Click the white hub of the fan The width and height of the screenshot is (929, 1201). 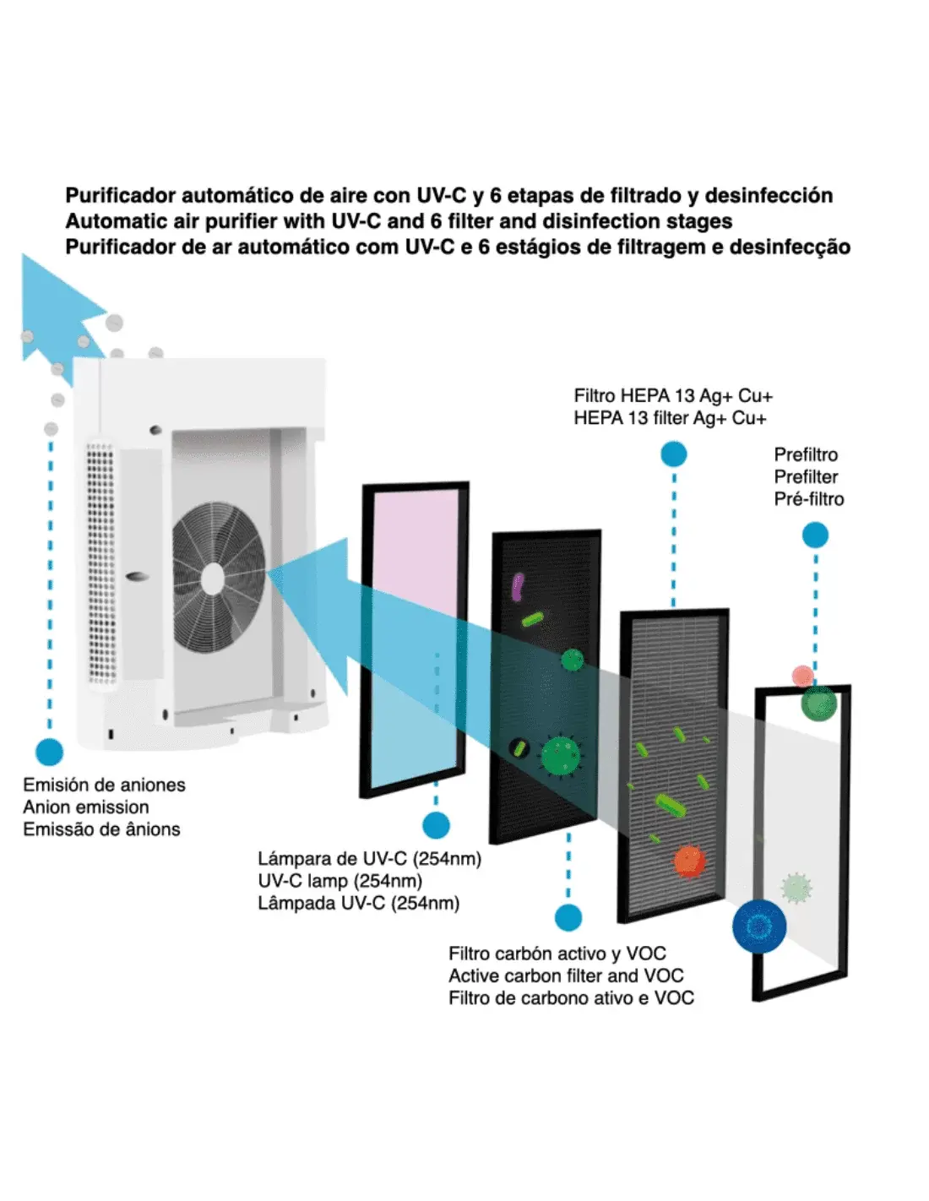[x=213, y=579]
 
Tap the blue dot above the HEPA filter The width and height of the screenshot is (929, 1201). [x=673, y=454]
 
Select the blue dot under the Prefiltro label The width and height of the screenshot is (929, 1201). [x=815, y=535]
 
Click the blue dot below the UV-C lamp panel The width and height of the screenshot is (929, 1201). [x=436, y=825]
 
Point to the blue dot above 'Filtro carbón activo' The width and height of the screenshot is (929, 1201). [x=568, y=917]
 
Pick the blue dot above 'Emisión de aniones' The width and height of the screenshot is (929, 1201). [x=50, y=752]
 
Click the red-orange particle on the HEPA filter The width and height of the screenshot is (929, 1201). [x=689, y=861]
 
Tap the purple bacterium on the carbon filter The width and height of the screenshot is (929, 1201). [x=518, y=586]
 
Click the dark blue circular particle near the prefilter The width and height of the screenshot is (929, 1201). [x=759, y=927]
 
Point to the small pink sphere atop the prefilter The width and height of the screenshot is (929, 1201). [x=802, y=676]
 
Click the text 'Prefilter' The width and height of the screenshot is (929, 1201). [x=806, y=476]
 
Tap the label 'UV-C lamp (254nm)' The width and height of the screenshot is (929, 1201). [x=340, y=881]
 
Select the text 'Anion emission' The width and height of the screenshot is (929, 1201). [x=86, y=807]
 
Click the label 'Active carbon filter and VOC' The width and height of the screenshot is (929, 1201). [x=566, y=975]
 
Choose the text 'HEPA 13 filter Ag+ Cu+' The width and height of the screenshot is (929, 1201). [x=670, y=418]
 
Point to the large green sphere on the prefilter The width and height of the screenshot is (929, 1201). [x=818, y=703]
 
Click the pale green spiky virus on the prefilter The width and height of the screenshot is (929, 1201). [x=796, y=888]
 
